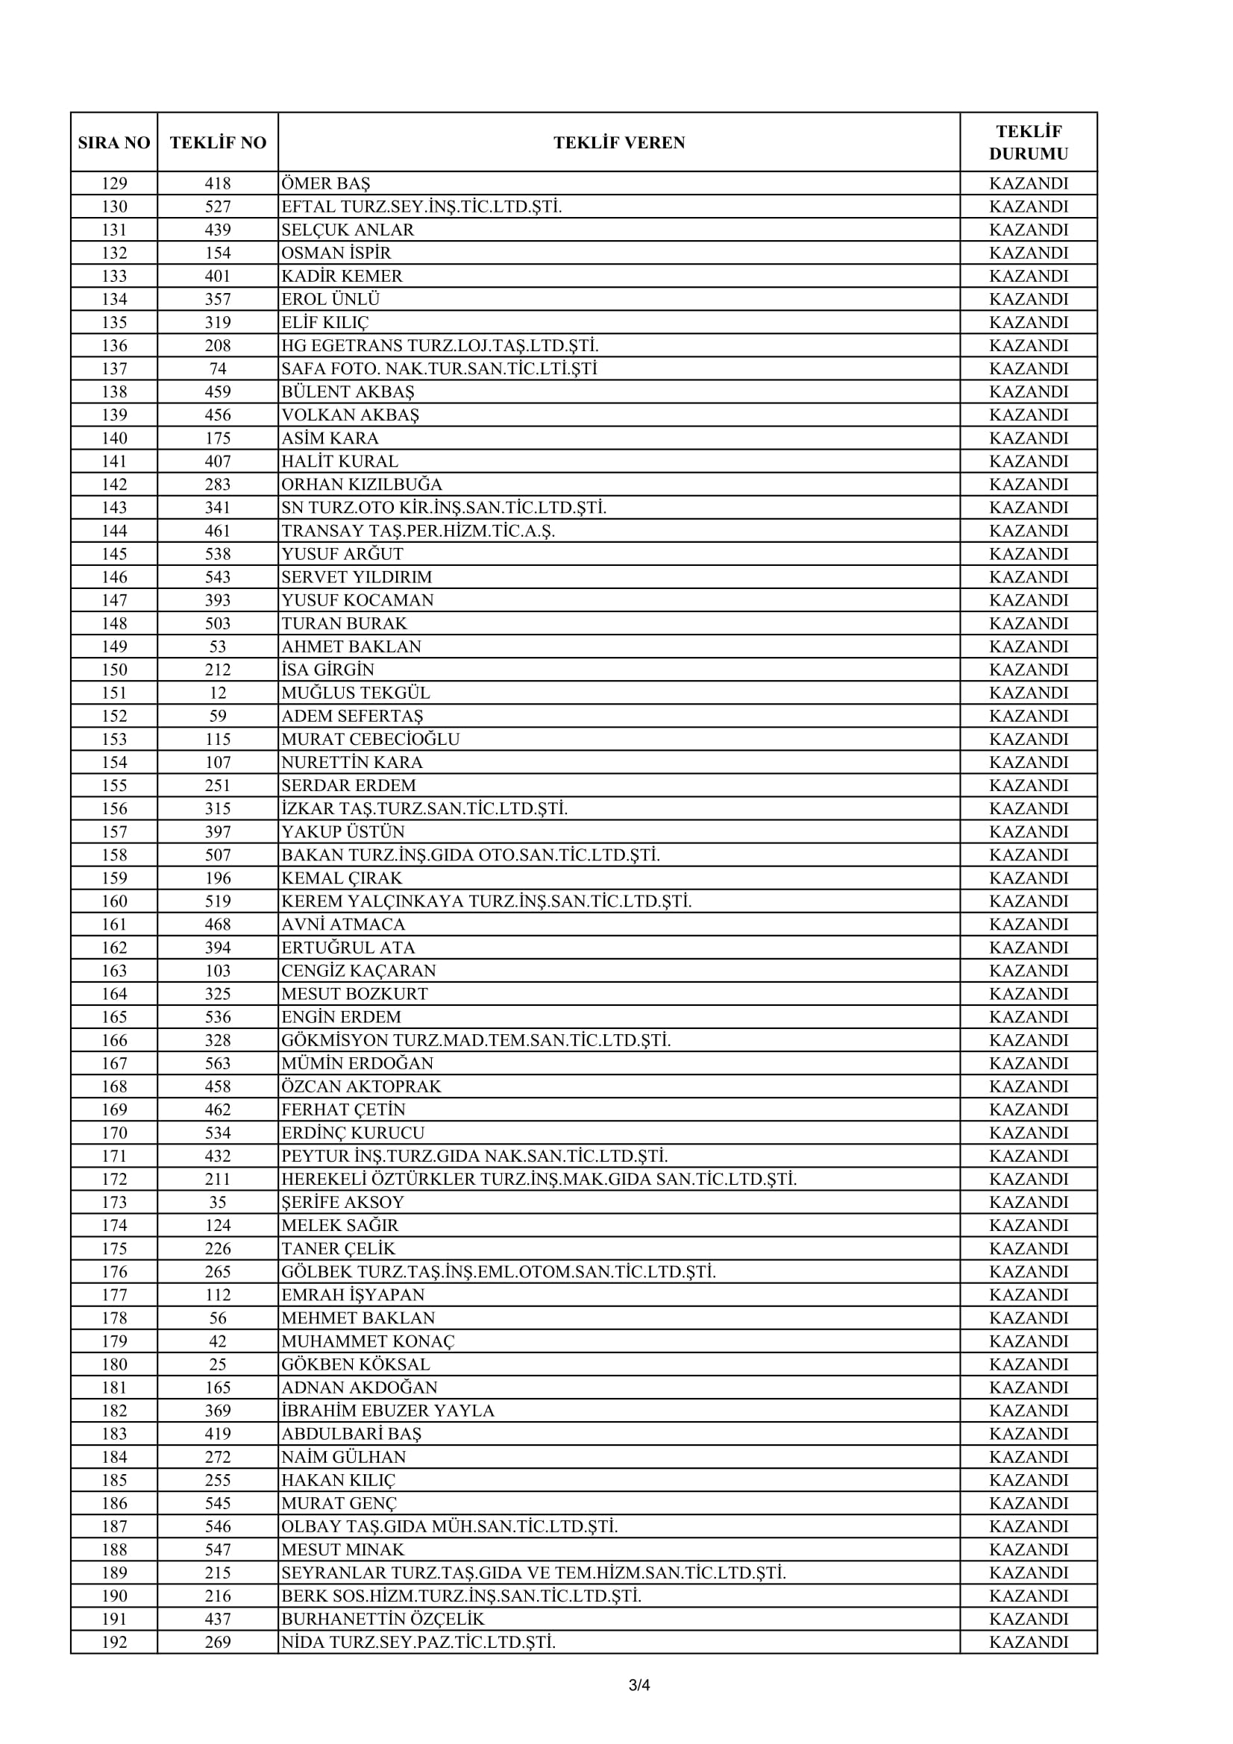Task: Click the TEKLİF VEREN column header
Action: [618, 143]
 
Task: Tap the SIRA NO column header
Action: [114, 143]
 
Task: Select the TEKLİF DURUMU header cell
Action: [1028, 143]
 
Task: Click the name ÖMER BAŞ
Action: [326, 184]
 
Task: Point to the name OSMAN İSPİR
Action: [336, 253]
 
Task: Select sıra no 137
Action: [114, 369]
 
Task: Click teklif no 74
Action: [218, 369]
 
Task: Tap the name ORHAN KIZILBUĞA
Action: [362, 485]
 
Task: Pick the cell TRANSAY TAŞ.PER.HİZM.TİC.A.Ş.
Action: [418, 531]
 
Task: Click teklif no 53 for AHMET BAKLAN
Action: [218, 647]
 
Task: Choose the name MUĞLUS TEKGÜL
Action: [356, 693]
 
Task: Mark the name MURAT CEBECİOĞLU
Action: [370, 740]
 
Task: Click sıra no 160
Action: [114, 901]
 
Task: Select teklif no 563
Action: [218, 1063]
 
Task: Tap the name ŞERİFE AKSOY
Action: [342, 1203]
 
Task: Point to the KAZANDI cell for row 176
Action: [1028, 1272]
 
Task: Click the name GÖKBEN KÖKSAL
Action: [356, 1365]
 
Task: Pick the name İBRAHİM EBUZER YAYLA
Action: [387, 1411]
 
